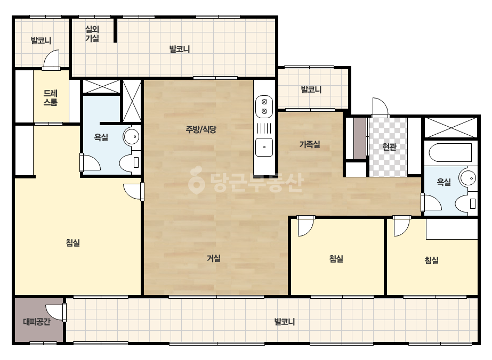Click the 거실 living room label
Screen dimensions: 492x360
point(213,258)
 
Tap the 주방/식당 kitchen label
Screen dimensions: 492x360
point(201,129)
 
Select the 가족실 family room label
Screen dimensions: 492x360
point(310,144)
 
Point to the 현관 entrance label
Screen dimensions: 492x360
point(390,146)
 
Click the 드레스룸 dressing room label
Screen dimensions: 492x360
point(51,97)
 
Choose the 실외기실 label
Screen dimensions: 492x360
point(92,34)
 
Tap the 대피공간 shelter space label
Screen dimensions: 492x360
point(37,322)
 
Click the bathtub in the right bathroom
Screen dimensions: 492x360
point(450,153)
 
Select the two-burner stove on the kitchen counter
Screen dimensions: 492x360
point(264,107)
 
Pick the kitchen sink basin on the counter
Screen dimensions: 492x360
point(264,147)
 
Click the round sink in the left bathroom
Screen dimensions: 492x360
point(131,136)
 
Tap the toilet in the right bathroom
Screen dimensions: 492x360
point(466,204)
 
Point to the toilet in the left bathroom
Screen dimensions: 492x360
point(130,162)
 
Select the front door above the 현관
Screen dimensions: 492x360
point(380,107)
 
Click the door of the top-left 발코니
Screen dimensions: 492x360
point(52,60)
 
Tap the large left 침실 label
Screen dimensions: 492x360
point(73,242)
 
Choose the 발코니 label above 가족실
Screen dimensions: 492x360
point(311,89)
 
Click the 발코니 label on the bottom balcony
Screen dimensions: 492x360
point(284,322)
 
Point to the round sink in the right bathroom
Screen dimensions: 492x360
point(468,177)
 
